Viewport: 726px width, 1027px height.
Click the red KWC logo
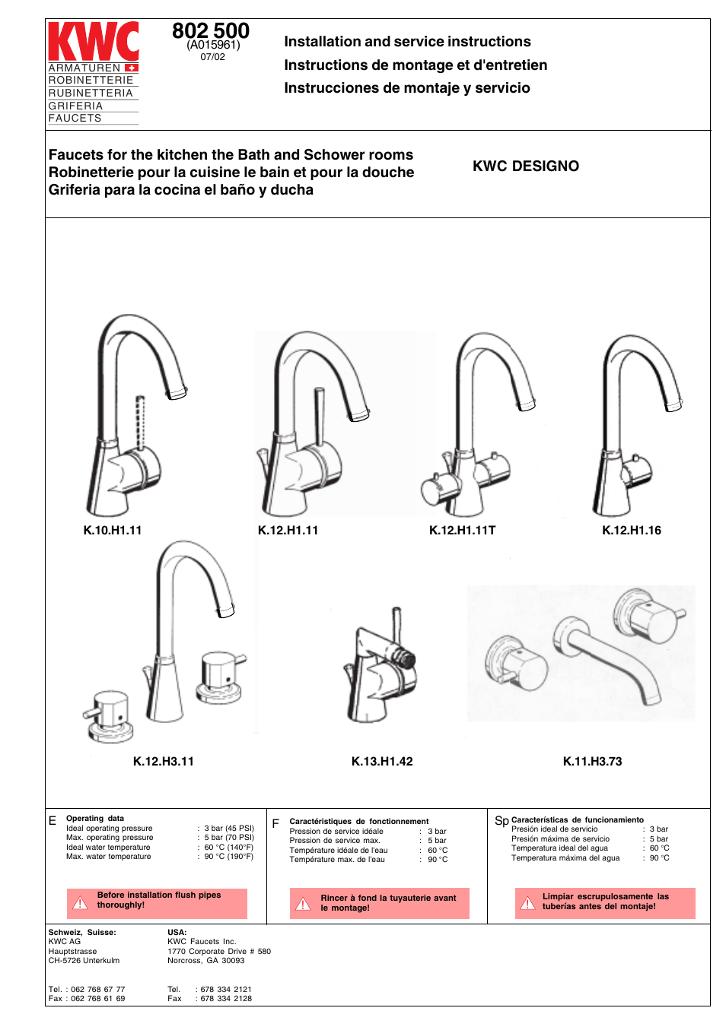pyautogui.click(x=93, y=41)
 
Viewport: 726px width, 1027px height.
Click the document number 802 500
pyautogui.click(x=211, y=31)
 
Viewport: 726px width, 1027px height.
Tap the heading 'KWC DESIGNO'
pyautogui.click(x=525, y=166)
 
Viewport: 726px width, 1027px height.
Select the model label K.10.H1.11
pyautogui.click(x=113, y=531)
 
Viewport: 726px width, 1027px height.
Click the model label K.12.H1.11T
pyautogui.click(x=462, y=531)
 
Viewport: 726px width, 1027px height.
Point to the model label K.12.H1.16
pyautogui.click(x=631, y=531)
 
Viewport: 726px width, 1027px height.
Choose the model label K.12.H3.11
pyautogui.click(x=164, y=762)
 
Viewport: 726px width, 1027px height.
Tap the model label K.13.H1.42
pyautogui.click(x=382, y=762)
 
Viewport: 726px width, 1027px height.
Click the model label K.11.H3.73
pyautogui.click(x=592, y=762)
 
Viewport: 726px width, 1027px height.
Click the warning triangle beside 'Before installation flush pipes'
pyautogui.click(x=80, y=902)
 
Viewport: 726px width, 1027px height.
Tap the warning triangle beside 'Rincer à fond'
pyautogui.click(x=303, y=904)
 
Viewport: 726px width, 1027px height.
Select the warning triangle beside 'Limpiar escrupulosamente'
pyautogui.click(x=527, y=903)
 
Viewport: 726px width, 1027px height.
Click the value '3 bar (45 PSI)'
pyautogui.click(x=229, y=829)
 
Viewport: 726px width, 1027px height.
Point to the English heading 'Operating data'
pyautogui.click(x=95, y=819)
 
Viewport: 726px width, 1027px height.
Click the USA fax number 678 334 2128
pyautogui.click(x=226, y=999)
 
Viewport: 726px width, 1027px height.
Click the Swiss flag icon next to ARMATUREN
pyautogui.click(x=131, y=68)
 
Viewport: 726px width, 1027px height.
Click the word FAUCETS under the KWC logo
pyautogui.click(x=75, y=119)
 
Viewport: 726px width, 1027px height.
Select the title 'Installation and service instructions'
pyautogui.click(x=407, y=42)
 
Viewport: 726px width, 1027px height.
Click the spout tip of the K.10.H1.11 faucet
pyautogui.click(x=177, y=393)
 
